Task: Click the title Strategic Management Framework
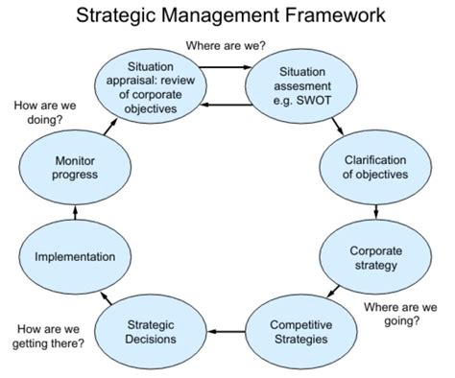[x=227, y=16]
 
